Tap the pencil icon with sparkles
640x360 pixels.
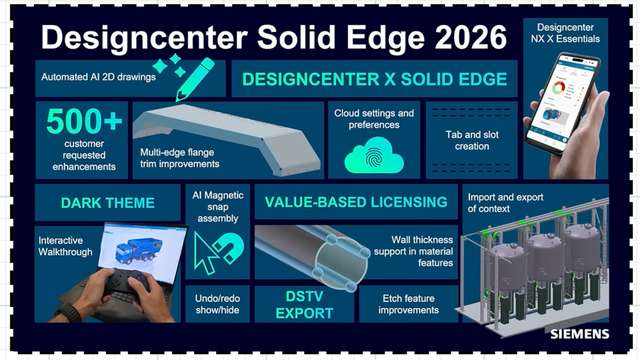pyautogui.click(x=194, y=73)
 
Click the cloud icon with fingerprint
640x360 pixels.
pyautogui.click(x=374, y=156)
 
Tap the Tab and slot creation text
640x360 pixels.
pyautogui.click(x=471, y=140)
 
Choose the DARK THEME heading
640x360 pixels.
pyautogui.click(x=107, y=203)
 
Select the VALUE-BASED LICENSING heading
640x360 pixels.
pyautogui.click(x=355, y=202)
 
